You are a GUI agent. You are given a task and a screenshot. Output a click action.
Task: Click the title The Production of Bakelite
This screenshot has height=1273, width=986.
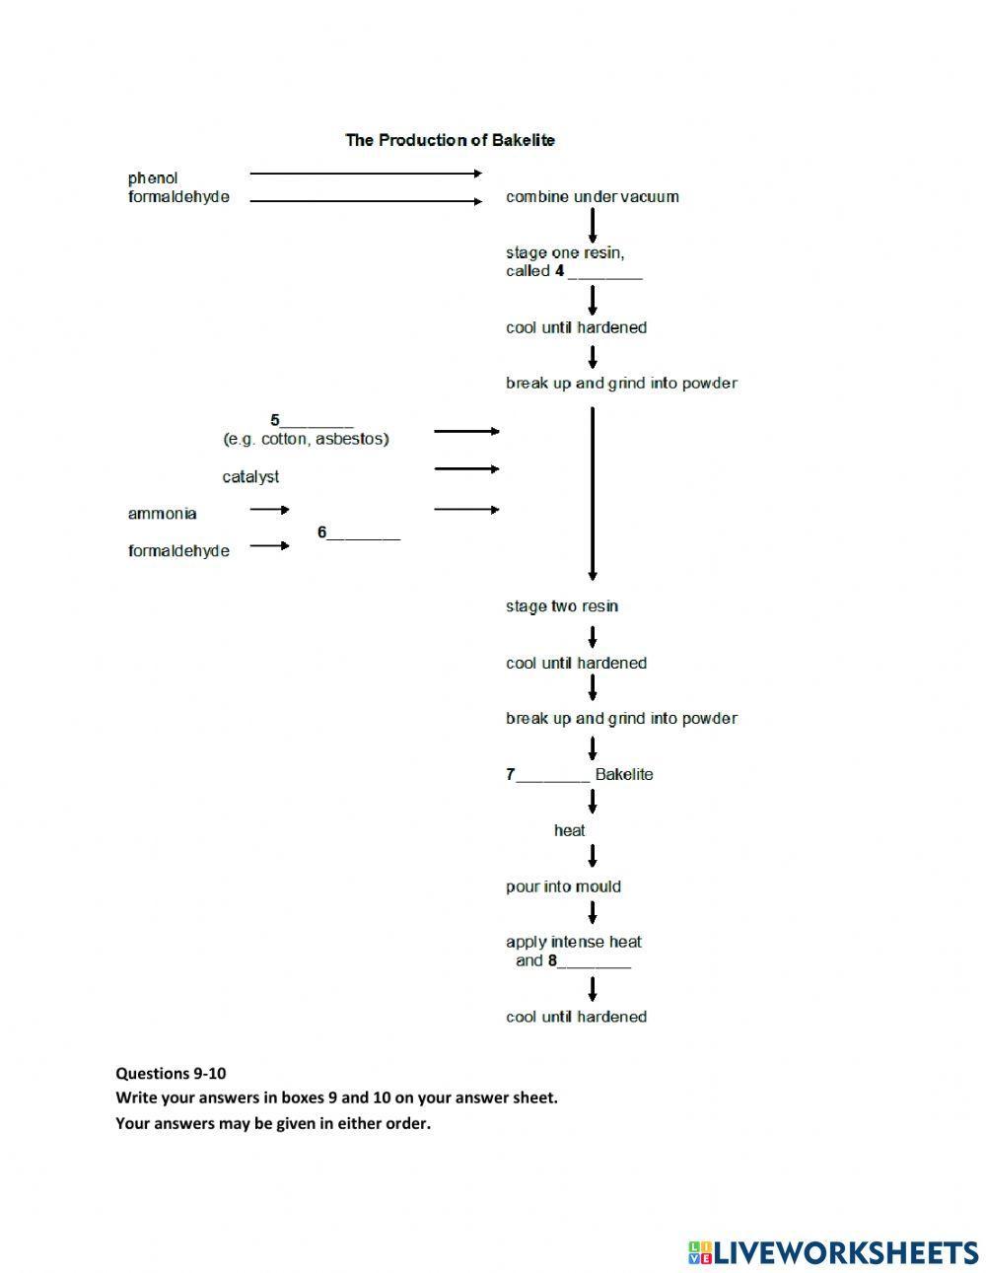[450, 140]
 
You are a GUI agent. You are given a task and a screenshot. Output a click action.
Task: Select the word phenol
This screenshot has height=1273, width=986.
[153, 178]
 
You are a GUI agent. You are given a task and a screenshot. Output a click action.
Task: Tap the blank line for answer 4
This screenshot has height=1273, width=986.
[604, 273]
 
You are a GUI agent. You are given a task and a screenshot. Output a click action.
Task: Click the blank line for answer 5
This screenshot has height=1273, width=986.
[317, 422]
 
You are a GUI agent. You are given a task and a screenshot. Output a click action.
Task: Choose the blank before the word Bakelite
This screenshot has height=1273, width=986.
[553, 776]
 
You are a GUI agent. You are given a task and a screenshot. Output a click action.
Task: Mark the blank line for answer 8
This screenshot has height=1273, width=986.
[595, 962]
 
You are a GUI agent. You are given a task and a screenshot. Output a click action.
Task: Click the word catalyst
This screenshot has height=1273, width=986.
[250, 477]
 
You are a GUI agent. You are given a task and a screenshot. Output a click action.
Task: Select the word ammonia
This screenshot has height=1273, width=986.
[162, 514]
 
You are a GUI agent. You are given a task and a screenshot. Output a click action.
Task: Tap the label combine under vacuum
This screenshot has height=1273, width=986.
[592, 197]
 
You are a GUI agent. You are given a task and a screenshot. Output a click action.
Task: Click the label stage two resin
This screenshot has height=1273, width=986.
[562, 606]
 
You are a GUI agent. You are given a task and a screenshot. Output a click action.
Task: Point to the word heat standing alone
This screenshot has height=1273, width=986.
[569, 831]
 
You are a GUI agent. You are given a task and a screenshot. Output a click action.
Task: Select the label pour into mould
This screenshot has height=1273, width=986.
[563, 887]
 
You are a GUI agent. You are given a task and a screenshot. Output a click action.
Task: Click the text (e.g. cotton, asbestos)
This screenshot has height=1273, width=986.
[306, 439]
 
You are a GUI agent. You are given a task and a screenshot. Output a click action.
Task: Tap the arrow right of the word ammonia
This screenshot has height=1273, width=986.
[269, 510]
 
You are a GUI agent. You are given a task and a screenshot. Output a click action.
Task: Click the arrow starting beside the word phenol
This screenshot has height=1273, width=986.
[366, 174]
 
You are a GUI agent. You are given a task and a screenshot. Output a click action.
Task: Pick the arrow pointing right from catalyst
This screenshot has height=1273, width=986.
[466, 469]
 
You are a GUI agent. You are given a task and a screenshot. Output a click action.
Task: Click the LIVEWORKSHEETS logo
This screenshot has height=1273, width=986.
[833, 1252]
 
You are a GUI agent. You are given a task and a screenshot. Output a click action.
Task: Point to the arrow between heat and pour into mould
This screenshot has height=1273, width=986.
[593, 857]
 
